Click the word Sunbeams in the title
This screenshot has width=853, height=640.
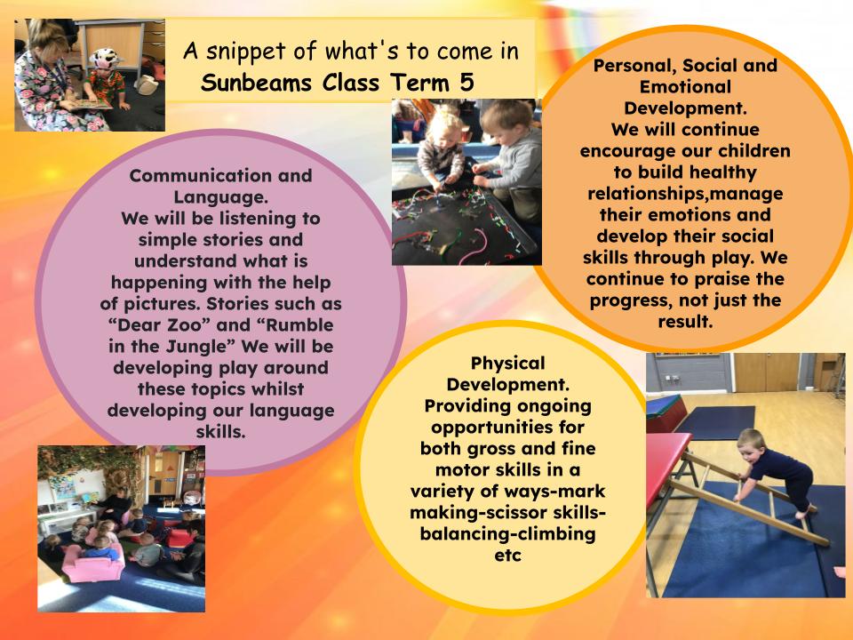[256, 83]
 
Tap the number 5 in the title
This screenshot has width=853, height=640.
[466, 83]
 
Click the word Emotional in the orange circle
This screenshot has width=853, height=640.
[685, 86]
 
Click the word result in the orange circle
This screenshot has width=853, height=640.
[684, 322]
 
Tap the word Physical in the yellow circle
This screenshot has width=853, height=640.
[507, 363]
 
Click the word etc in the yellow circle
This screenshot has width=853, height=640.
[507, 556]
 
